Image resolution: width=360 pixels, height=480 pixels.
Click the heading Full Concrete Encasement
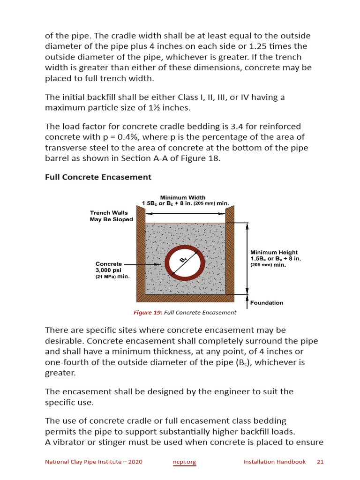click(98, 177)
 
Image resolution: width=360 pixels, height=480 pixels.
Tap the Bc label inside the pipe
click(184, 260)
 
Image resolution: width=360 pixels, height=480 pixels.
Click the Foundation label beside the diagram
click(266, 303)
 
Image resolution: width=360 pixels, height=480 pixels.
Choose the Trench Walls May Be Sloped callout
click(112, 216)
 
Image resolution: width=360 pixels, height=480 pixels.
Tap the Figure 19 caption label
click(148, 313)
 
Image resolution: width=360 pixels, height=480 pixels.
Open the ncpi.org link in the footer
click(185, 462)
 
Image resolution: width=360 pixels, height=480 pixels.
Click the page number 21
click(321, 462)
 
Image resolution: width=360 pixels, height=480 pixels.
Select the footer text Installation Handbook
click(274, 462)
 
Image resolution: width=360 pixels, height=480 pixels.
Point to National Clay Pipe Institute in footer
click(93, 462)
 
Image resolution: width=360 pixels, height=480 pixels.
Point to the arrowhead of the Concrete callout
click(159, 265)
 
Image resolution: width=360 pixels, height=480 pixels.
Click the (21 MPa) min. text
click(112, 277)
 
